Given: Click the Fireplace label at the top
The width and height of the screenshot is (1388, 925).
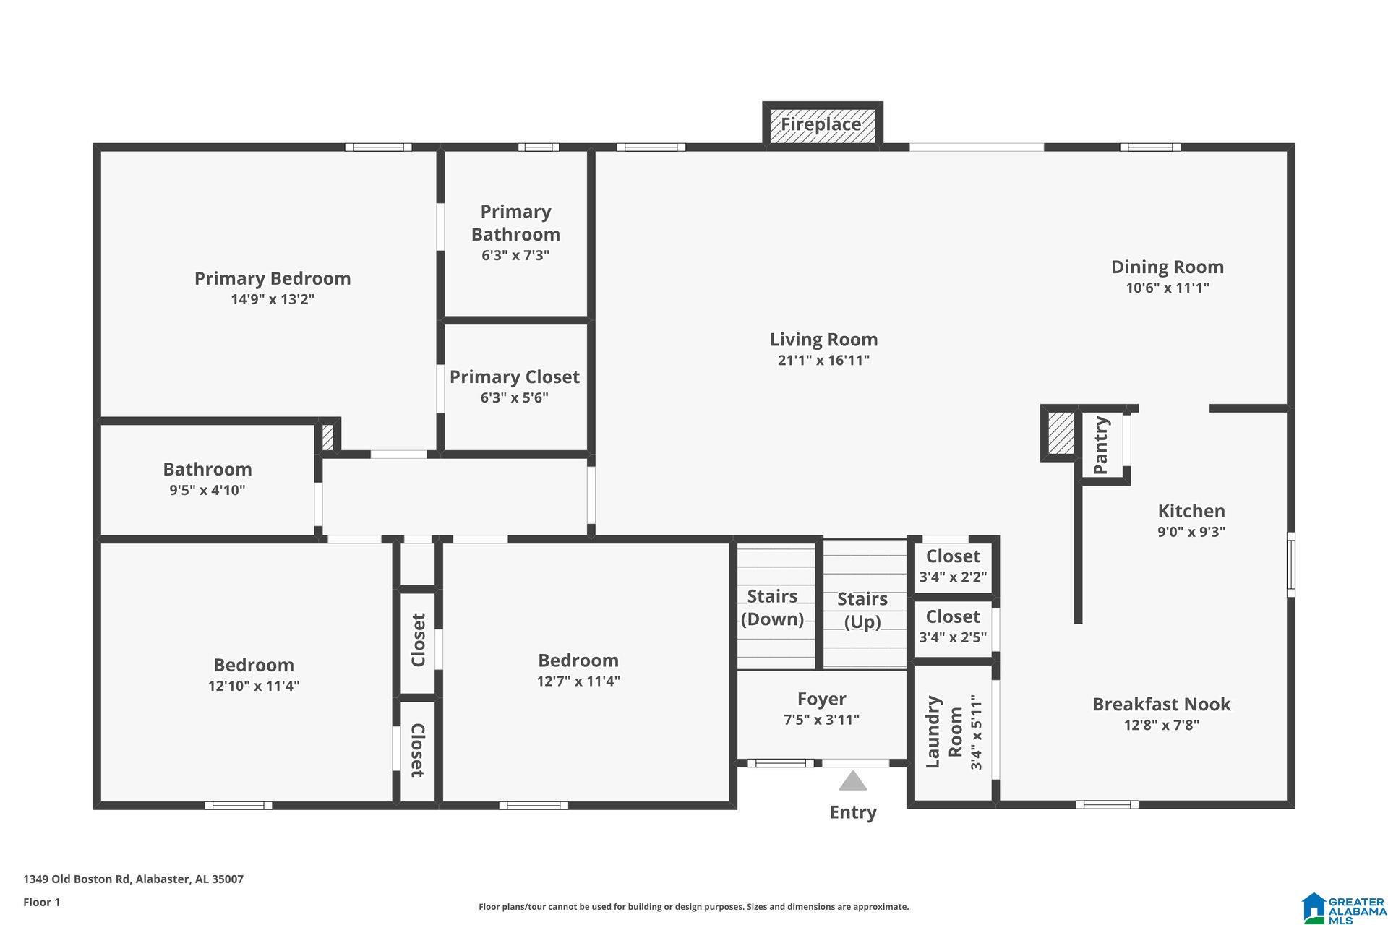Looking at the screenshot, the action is click(821, 124).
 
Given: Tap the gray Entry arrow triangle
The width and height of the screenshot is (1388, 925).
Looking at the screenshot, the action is click(853, 781).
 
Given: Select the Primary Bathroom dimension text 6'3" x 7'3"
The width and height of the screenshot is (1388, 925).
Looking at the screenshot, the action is click(515, 255).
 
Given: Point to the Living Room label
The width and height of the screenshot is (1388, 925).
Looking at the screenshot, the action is click(823, 339).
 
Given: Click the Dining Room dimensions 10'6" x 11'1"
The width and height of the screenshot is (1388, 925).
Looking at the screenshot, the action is click(1168, 288).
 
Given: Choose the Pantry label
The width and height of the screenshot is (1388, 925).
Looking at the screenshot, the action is click(1101, 445).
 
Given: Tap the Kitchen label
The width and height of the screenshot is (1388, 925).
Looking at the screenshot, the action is click(1191, 511).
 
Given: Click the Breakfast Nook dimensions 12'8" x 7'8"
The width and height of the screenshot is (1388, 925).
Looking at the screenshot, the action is click(1162, 725).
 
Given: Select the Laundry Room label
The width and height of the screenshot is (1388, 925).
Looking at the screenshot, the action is click(944, 732).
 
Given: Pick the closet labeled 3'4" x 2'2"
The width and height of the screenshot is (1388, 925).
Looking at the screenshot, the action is click(953, 565).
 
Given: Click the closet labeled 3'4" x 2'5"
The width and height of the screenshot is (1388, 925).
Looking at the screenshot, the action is click(953, 626).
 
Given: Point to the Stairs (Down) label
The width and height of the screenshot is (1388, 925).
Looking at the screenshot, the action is click(772, 607).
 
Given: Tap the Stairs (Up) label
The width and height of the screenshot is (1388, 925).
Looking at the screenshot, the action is click(862, 610).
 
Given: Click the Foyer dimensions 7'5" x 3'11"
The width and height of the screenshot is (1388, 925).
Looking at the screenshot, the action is click(822, 720).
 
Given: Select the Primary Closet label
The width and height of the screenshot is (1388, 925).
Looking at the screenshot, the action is click(515, 377).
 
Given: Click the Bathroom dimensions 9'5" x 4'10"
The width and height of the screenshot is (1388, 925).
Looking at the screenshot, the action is click(207, 490).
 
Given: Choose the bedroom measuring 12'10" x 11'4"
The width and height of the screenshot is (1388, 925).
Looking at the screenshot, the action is click(254, 674).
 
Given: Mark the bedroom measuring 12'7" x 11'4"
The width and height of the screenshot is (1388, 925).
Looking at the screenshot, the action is click(578, 669).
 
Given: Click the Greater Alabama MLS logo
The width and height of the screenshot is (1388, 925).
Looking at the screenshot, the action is click(1345, 908).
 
